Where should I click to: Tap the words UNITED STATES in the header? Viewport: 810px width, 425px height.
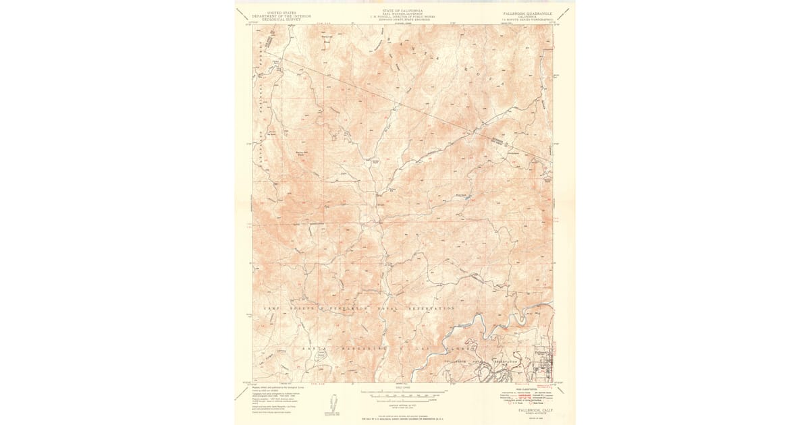point(277,12)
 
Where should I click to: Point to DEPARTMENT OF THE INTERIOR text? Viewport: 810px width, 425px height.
point(277,16)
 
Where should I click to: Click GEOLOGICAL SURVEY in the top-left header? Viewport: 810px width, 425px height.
point(277,19)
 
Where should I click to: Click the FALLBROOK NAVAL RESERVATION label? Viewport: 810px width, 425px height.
point(483,362)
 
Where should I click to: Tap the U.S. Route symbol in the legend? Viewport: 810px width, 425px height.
point(511,403)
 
